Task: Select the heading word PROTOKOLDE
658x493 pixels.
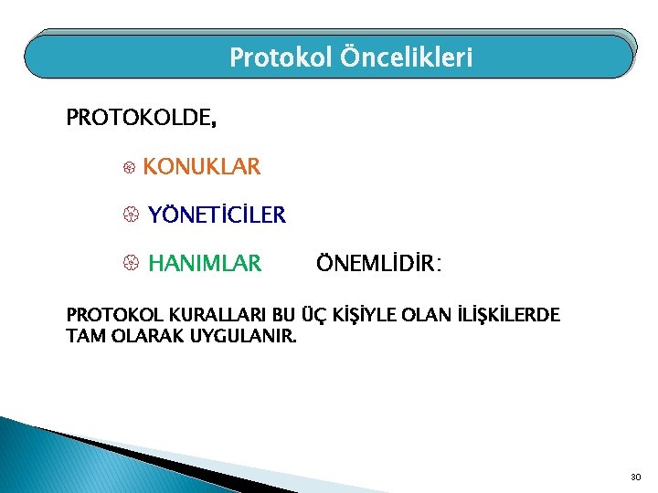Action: pos(141,119)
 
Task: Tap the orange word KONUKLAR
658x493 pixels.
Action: pos(201,167)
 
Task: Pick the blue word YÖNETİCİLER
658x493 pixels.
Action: pos(217,215)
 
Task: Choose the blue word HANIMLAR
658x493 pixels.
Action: pos(204,264)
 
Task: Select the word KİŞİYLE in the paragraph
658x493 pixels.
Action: pos(357,316)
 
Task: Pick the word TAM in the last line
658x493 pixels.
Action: pos(83,335)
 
